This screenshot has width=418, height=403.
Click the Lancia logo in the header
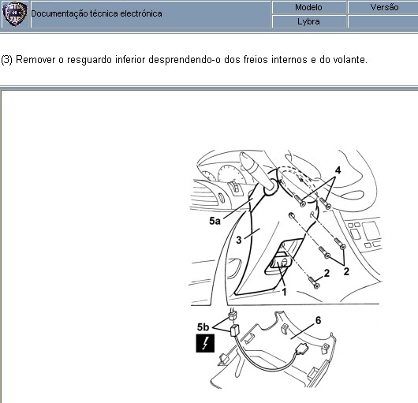coord(14,13)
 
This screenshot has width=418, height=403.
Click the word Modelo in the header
coord(308,7)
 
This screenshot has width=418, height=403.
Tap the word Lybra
coord(308,21)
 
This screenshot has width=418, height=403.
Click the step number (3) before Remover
coord(6,60)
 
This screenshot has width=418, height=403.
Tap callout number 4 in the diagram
coord(338,170)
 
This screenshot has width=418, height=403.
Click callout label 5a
coord(215,221)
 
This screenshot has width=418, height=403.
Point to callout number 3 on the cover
coord(239,240)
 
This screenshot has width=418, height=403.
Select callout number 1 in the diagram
coord(284,292)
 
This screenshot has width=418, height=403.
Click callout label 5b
coord(203,327)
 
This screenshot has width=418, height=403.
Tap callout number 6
coord(318,320)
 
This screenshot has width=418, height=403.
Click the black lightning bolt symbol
coord(205,343)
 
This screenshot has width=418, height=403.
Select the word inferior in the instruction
coord(130,59)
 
